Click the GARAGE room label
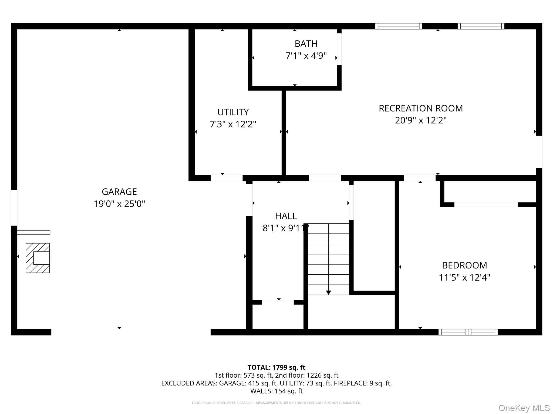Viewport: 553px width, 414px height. point(119,192)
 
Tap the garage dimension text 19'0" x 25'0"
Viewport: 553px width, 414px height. point(119,204)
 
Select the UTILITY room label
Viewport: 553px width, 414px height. point(233,112)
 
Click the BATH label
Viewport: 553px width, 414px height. point(306,44)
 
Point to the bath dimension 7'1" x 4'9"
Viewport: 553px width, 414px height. point(306,56)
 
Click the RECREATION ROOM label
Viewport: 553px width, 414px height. point(420,108)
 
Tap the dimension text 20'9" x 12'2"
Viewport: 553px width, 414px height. point(420,120)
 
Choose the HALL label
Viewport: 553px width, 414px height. point(286,216)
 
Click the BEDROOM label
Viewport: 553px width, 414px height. point(464,265)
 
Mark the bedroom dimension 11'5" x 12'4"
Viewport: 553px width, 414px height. point(464,277)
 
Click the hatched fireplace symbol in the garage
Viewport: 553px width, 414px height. point(38,258)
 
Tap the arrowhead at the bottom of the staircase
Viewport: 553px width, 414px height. point(328,292)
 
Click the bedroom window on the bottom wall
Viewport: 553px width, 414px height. point(468,332)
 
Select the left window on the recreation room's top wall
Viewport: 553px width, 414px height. point(398,26)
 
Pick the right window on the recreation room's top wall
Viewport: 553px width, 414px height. point(481,26)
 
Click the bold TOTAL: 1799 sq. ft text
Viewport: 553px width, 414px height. point(276,367)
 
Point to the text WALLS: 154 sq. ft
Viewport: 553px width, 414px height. point(276,391)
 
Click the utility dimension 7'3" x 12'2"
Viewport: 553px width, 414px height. point(233,124)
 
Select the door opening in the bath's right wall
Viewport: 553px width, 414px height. point(339,49)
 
